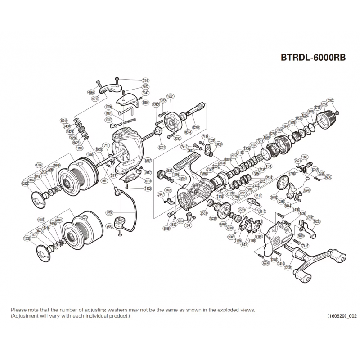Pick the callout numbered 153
[269, 166]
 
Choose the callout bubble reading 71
[106, 146]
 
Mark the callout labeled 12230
[109, 212]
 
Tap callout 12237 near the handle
[288, 267]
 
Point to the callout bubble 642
[244, 245]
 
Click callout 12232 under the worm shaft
[195, 127]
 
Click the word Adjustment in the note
[27, 316]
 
